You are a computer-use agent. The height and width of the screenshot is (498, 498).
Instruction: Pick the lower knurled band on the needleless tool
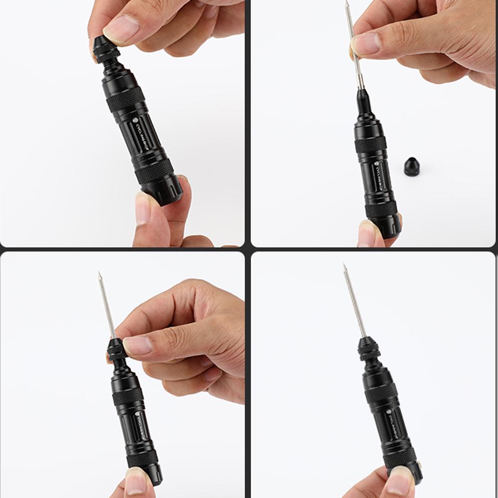[154, 171]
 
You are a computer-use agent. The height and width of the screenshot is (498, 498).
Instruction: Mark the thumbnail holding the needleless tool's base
[143, 210]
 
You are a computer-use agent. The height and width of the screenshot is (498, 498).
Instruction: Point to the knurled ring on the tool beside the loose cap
[371, 144]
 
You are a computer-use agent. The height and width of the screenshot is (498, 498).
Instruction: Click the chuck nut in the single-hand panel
[368, 349]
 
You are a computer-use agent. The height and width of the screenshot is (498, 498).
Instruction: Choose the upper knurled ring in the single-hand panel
[381, 393]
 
